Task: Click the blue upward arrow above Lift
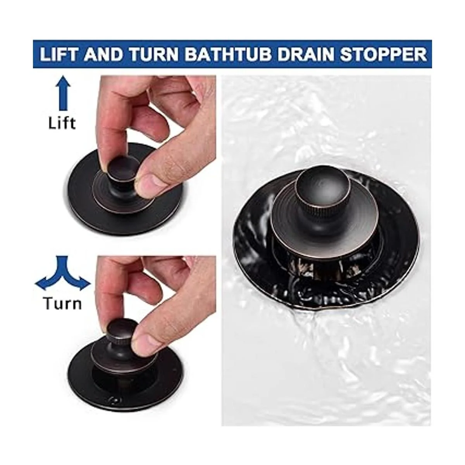[x=63, y=93]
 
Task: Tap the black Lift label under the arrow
[x=62, y=123]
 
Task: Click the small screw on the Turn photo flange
[x=113, y=399]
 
